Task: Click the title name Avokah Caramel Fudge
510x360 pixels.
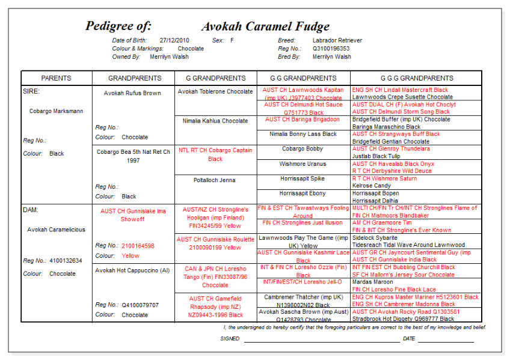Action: [265, 26]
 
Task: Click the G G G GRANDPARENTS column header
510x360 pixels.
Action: [416, 78]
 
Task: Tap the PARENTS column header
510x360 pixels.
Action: [56, 78]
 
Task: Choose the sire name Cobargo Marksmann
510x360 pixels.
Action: [57, 111]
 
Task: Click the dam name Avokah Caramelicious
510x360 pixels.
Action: [56, 230]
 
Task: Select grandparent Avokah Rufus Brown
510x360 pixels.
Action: [132, 93]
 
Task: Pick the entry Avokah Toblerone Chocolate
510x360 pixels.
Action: [215, 92]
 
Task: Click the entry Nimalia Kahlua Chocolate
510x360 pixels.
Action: [215, 121]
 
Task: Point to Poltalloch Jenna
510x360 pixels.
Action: [215, 180]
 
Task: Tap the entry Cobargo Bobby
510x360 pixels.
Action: [303, 148]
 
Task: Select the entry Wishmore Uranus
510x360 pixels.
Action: [303, 163]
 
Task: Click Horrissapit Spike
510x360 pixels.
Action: [303, 178]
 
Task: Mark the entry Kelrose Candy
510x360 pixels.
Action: [371, 186]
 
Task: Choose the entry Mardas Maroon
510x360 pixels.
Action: [373, 282]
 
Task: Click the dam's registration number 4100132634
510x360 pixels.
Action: [66, 261]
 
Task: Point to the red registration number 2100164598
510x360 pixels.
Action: [138, 246]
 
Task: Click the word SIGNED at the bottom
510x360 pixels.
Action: [230, 339]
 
